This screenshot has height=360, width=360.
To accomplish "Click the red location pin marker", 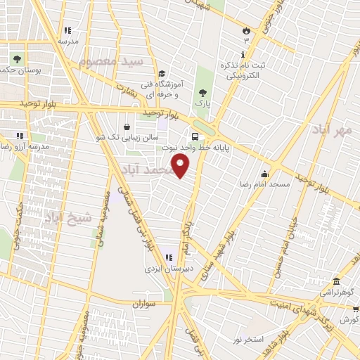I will pyautogui.click(x=181, y=167).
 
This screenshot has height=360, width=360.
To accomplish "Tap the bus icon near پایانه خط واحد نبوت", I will pyautogui.click(x=194, y=137).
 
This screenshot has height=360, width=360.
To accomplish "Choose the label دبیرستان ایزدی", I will pyautogui.click(x=163, y=269).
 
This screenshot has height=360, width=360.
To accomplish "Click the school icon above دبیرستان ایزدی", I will pyautogui.click(x=169, y=257).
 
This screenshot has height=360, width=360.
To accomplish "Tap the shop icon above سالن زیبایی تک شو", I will pyautogui.click(x=126, y=127).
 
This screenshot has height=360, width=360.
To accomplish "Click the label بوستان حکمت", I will pyautogui.click(x=21, y=70).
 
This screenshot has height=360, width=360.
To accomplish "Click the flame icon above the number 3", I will pyautogui.click(x=245, y=31).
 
